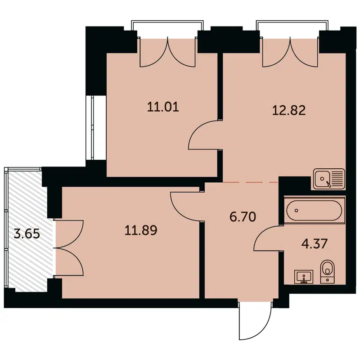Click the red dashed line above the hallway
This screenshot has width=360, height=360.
[249, 182]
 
